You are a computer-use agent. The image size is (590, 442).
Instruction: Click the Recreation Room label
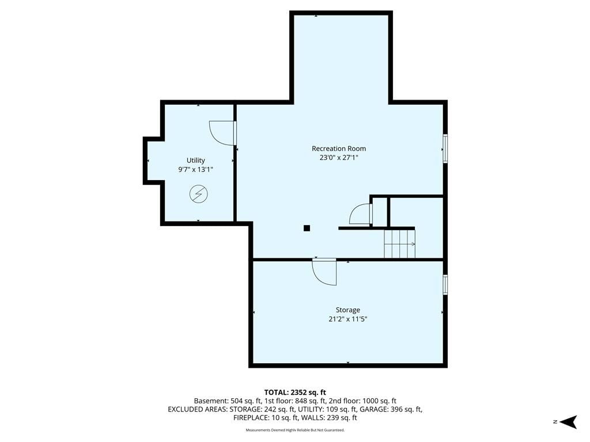339,148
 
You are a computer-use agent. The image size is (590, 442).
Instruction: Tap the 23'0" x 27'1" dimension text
339,158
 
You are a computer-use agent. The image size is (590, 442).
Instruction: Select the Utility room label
196,161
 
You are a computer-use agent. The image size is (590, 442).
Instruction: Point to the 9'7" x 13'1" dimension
196,170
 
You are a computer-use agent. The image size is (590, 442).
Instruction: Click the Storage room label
347,310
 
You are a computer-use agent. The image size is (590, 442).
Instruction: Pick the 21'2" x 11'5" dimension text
347,319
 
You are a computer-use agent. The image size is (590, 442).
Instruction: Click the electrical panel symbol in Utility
199,194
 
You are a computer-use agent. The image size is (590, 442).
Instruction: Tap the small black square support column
307,228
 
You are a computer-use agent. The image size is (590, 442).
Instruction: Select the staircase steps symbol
399,243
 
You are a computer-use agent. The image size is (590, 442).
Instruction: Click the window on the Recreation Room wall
445,148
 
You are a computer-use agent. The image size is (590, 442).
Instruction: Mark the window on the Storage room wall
445,284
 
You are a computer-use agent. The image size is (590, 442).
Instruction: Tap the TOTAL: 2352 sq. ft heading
295,393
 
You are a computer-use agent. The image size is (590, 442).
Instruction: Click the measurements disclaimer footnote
295,430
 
